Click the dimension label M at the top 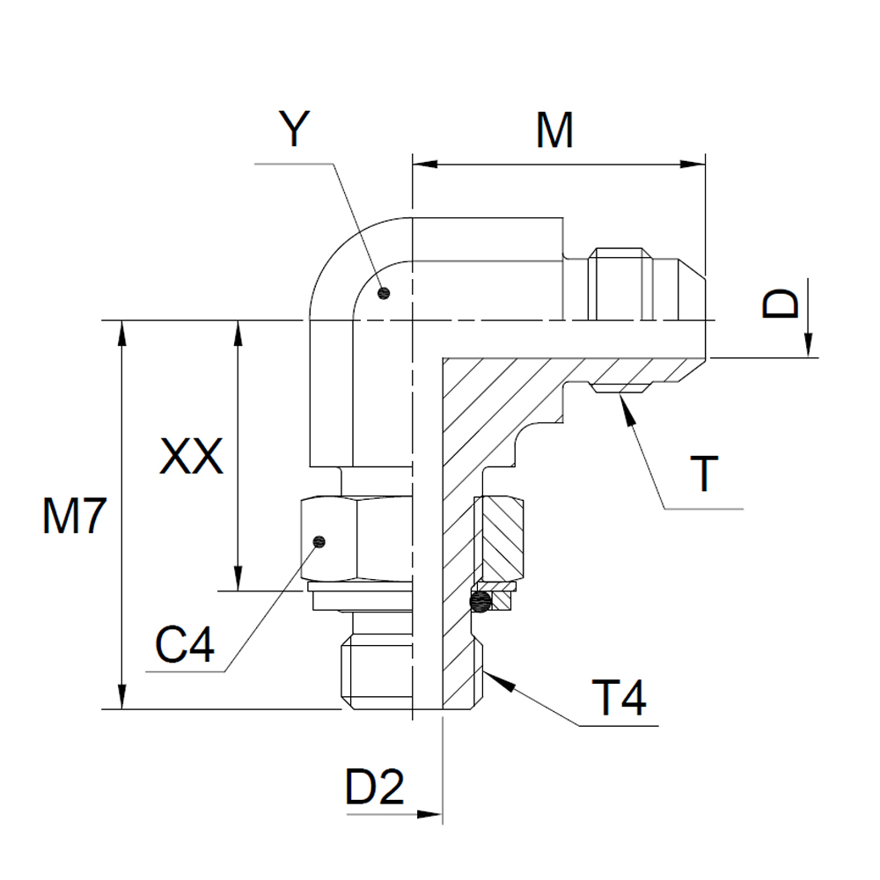[x=555, y=131]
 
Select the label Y [x=295, y=130]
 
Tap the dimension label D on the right [x=781, y=303]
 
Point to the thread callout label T [x=704, y=474]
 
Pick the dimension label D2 [x=374, y=788]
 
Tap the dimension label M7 [x=75, y=519]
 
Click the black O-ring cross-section [x=480, y=602]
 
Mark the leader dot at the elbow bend [x=382, y=293]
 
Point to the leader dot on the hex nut [x=319, y=541]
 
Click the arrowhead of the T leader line [x=623, y=402]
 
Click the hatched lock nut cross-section [x=502, y=539]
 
